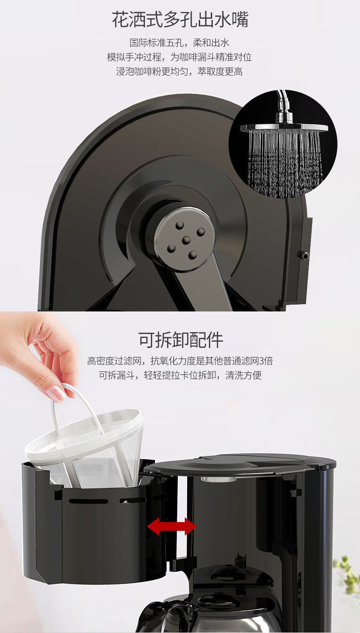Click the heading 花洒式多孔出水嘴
tap(180, 20)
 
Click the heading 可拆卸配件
tap(181, 340)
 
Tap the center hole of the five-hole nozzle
tap(186, 240)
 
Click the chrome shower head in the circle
tap(284, 126)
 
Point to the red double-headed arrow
tap(172, 526)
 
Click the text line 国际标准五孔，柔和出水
tap(179, 43)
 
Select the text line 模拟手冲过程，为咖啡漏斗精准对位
tap(179, 57)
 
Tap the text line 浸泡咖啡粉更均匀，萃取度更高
tap(179, 72)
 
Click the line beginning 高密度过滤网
tap(180, 361)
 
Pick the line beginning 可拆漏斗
tap(180, 375)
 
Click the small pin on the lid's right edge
tap(304, 255)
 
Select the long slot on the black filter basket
tap(88, 501)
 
